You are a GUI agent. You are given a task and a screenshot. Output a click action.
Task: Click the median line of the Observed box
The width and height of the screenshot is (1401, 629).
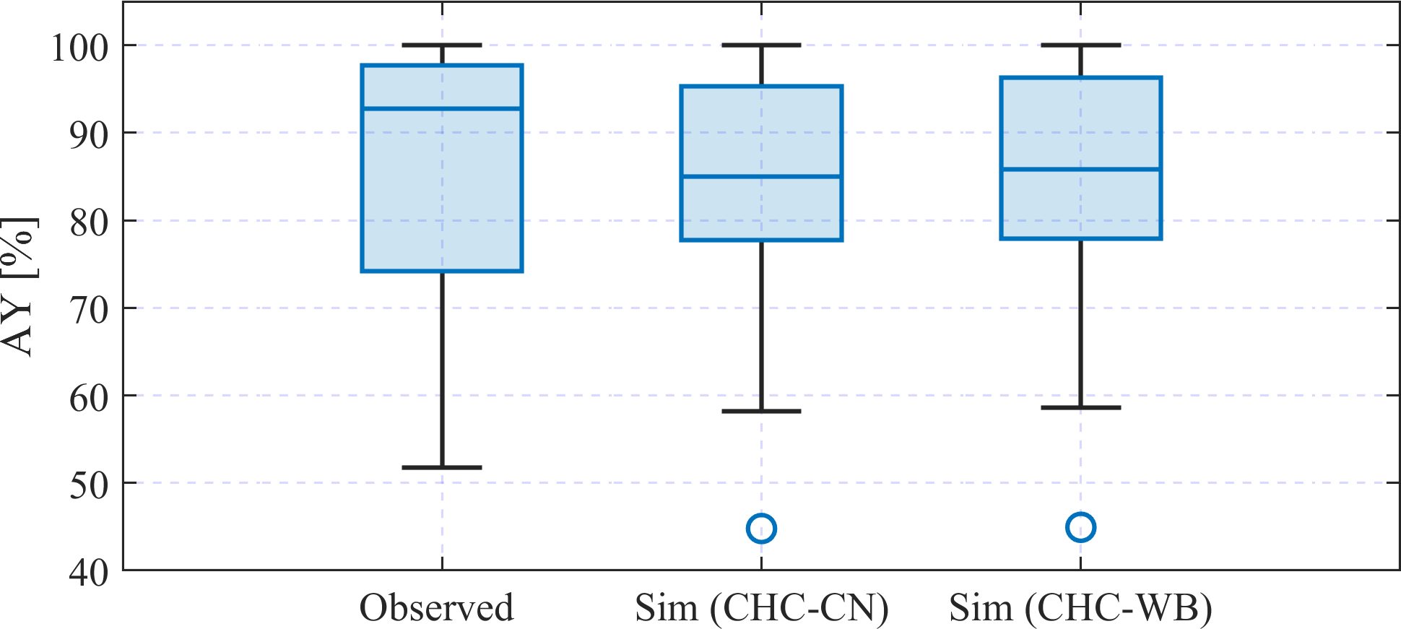[442, 108]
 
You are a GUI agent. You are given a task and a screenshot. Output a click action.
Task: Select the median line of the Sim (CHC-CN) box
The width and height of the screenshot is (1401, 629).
[761, 176]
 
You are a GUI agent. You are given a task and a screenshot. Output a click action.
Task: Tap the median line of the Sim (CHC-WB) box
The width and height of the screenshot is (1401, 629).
[1080, 169]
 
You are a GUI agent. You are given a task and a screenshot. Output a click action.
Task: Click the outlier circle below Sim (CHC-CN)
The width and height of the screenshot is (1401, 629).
[761, 529]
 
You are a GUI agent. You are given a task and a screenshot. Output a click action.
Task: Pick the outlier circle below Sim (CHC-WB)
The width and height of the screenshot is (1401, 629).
[1080, 527]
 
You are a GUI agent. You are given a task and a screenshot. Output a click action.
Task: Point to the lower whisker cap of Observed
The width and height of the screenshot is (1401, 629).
[442, 467]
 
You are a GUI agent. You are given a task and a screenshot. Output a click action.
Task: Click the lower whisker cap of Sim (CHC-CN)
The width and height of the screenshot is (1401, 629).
[761, 411]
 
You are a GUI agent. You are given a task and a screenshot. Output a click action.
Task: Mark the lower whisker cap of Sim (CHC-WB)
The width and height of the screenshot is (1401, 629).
[1080, 407]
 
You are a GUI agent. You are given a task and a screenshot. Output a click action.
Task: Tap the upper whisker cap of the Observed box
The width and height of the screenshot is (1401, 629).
[442, 45]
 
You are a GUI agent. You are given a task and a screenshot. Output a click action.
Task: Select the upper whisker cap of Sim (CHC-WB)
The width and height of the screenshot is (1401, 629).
[1080, 45]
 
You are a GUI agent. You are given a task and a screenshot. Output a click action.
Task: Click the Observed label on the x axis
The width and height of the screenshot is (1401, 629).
[436, 607]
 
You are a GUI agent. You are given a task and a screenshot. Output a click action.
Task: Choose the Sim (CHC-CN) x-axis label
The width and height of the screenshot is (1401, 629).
[762, 608]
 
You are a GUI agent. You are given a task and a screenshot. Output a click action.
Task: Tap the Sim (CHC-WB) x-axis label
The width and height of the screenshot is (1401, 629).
[1080, 608]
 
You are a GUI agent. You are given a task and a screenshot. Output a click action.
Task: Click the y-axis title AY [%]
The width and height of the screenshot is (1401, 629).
[18, 286]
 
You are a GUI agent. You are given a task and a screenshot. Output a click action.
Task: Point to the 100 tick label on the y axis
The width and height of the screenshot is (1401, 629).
[79, 48]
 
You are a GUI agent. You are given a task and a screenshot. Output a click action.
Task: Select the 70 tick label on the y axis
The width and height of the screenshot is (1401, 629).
[89, 311]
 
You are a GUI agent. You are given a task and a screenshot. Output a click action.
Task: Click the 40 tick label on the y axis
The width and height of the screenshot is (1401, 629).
[89, 573]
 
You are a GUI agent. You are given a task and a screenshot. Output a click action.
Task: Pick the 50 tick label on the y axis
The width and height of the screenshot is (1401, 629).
[89, 485]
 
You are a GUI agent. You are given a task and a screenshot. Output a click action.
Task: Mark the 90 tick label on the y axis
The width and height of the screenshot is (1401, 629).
[89, 135]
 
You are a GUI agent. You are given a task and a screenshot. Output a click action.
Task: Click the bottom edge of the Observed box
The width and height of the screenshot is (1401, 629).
[442, 271]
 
